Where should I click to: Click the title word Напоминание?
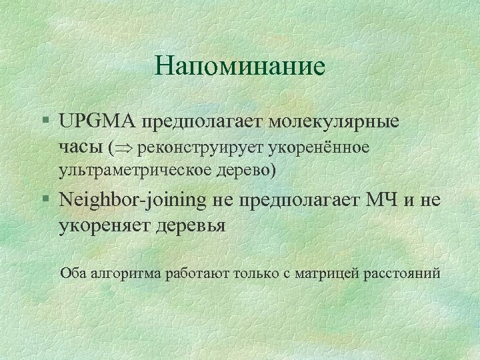click(x=239, y=66)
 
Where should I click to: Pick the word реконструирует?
click(x=187, y=147)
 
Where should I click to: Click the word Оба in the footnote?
click(x=71, y=273)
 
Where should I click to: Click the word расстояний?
click(x=402, y=273)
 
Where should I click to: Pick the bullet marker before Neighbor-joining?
click(x=44, y=199)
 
